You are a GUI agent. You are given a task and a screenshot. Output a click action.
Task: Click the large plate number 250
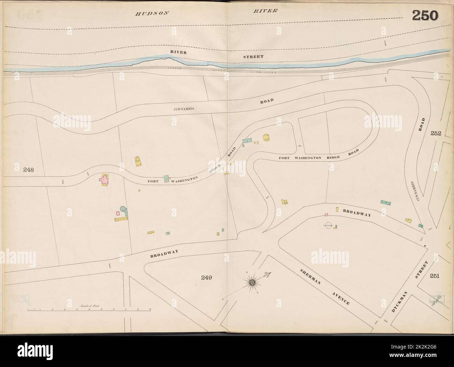(425, 15)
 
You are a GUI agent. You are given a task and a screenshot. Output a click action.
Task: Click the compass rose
(251, 281)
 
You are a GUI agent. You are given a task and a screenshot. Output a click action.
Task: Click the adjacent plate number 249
(207, 278)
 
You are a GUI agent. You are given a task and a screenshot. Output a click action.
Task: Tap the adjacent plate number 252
(436, 133)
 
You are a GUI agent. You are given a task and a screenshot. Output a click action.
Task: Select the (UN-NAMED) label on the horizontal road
(184, 109)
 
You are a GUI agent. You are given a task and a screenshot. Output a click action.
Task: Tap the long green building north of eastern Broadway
(385, 202)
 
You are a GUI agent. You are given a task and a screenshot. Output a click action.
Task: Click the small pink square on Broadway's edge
(326, 215)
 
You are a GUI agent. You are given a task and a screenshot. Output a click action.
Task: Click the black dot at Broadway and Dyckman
(425, 246)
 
